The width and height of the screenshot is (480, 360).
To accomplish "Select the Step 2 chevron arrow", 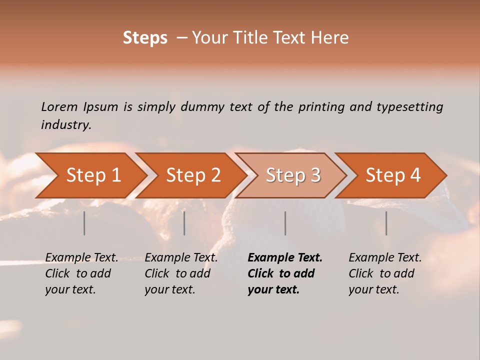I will click(193, 175).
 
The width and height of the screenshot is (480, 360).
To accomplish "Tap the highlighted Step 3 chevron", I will click(293, 175).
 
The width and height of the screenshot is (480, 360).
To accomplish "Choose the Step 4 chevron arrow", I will click(393, 175).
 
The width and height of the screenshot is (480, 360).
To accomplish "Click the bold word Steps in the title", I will click(145, 38).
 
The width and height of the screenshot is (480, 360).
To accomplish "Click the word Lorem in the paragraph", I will click(59, 107).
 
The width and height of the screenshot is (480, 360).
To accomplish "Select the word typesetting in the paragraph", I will click(409, 107).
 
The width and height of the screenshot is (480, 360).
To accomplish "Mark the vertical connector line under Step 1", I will click(84, 223).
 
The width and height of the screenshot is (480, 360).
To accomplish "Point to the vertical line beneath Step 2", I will click(184, 223).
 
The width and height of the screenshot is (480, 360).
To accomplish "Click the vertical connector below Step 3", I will click(285, 223).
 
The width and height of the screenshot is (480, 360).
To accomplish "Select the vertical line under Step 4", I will click(386, 223).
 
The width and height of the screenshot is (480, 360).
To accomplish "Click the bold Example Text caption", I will click(285, 273).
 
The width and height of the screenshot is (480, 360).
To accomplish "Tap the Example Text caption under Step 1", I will click(81, 273).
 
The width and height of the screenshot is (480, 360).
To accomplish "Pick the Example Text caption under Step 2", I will click(181, 273).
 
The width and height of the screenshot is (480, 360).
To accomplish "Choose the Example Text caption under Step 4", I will click(385, 273).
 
